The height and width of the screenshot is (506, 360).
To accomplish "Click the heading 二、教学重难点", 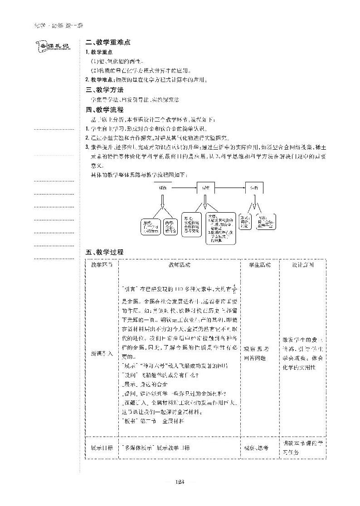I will click(x=108, y=42).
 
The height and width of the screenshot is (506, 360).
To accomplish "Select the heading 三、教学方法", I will click(x=104, y=90).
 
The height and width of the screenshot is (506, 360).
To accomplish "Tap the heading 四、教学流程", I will click(x=104, y=110).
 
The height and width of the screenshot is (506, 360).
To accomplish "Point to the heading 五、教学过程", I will click(x=104, y=252).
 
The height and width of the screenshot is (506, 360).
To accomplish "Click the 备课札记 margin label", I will click(x=53, y=46).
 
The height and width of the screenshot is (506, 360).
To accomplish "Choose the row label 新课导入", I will click(x=102, y=352).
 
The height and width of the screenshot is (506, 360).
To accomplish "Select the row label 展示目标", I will click(x=102, y=448).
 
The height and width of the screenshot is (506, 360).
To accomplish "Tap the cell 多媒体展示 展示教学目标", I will click(x=156, y=448).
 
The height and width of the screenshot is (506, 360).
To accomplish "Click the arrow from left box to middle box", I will click(x=184, y=186).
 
